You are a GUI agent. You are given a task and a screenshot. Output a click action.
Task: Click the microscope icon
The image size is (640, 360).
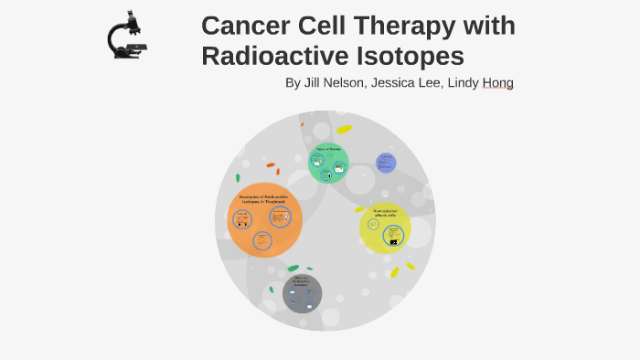127,36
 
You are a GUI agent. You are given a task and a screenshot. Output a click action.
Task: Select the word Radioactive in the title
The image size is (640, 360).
277,57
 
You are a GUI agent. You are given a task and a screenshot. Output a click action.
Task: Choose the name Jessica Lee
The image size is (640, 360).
411,83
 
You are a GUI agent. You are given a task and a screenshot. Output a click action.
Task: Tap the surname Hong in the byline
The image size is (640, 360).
498,83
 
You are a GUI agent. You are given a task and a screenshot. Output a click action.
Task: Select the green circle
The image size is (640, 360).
328,163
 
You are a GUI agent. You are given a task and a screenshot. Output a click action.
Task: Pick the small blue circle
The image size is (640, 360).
386,164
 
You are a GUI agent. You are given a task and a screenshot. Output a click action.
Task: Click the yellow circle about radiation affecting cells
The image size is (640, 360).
385,228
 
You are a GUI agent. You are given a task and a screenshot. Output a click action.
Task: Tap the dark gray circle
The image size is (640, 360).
302,293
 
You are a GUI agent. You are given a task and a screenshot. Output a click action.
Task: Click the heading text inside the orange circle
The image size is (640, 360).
263,198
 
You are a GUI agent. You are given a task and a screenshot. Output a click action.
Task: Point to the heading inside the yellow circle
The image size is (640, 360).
385,213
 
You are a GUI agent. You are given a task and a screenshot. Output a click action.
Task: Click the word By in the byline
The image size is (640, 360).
293,83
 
